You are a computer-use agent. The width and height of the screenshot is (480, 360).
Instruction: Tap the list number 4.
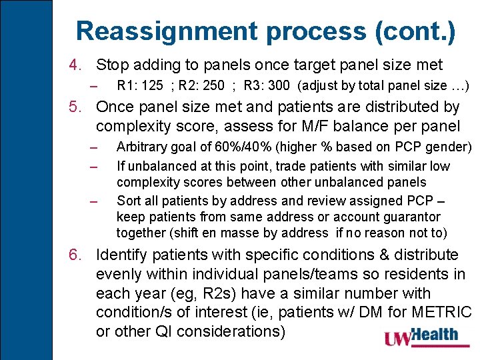tap(75, 65)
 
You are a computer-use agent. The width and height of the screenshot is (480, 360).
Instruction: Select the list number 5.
tap(75, 107)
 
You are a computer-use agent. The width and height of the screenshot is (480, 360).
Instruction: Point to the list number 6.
tap(75, 255)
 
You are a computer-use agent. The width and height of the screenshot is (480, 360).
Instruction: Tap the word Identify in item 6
tap(122, 255)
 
